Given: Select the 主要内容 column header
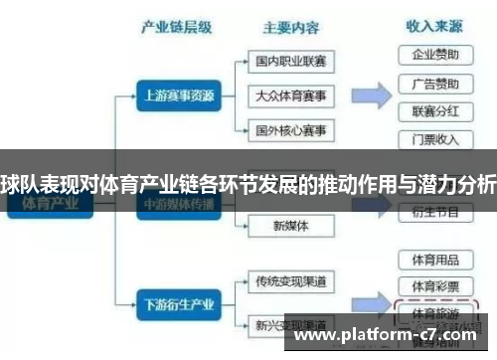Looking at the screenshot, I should point(290,28).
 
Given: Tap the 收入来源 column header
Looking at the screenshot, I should point(433,26).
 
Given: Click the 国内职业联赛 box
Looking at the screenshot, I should point(290,62).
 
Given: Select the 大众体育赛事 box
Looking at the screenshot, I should point(290,96).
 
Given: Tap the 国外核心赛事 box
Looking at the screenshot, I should point(290,131).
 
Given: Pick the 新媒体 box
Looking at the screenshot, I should point(290,226).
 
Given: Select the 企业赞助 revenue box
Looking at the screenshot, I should point(434,54).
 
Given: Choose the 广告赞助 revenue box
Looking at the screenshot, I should point(434,83).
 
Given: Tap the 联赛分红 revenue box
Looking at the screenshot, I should point(434,110).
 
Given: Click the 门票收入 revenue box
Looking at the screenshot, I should point(434,138).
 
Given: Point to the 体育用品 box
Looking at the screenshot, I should point(434,260).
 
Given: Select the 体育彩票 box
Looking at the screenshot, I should point(434,286).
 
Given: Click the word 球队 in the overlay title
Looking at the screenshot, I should point(20,184).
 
